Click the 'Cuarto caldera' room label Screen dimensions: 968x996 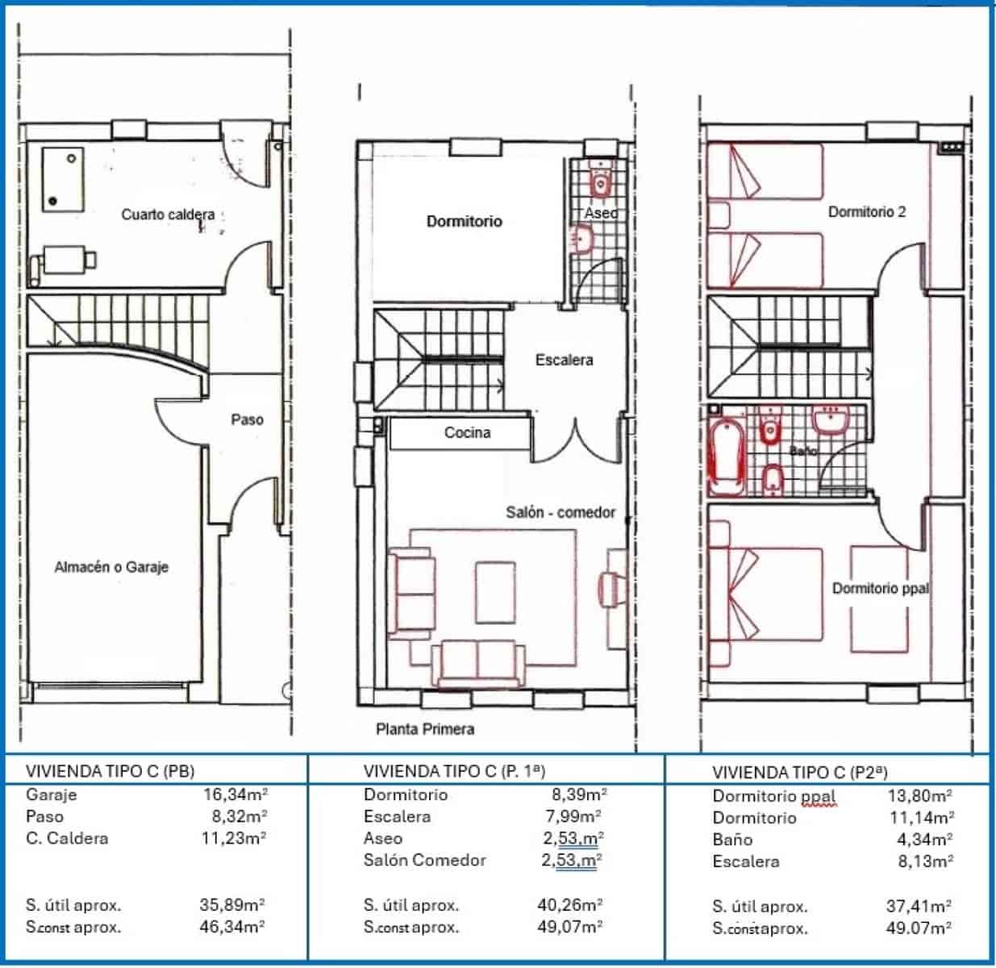168,215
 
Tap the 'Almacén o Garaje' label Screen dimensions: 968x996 111,567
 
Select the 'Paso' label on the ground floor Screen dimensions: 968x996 247,419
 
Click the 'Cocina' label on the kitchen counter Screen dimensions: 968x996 467,433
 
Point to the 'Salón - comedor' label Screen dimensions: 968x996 561,512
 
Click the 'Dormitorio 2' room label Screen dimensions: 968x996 867,212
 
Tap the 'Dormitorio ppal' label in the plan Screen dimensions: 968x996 880,588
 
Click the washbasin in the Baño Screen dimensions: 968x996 830,420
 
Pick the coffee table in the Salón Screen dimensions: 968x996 494,593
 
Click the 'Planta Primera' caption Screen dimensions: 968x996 425,729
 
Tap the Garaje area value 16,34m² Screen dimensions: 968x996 235,795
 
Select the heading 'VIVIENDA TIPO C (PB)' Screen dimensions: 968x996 110,770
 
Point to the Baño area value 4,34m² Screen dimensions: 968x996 926,840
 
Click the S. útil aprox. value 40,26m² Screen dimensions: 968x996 569,905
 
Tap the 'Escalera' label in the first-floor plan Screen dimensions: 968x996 564,360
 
